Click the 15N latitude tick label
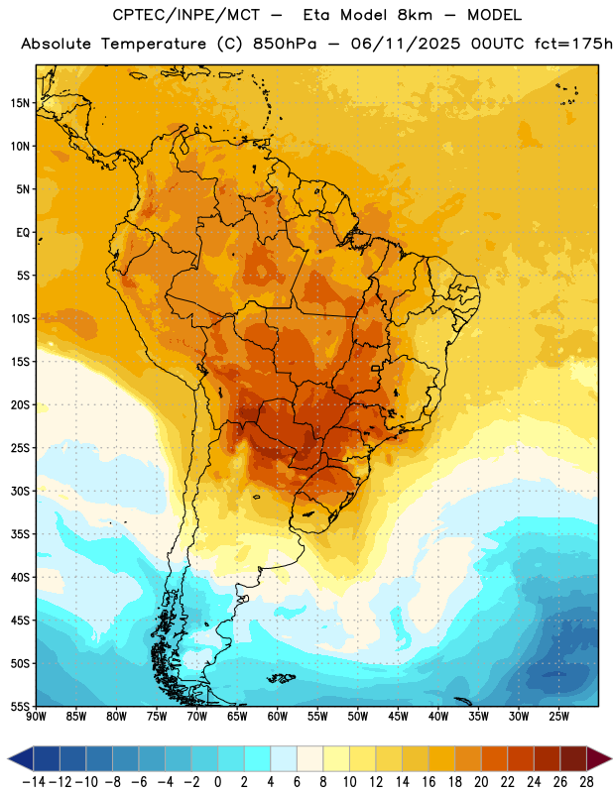(20, 103)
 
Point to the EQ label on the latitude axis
(23, 233)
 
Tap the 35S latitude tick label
(20, 534)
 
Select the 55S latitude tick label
(20, 707)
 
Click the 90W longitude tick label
(36, 717)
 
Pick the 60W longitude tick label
(278, 717)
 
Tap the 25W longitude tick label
(558, 717)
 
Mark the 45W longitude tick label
(398, 717)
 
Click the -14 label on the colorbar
(34, 782)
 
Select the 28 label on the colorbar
(586, 782)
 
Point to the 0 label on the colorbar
(218, 782)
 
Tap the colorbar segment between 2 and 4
(258, 758)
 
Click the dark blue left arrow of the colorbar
(21, 758)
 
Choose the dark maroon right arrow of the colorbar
(599, 758)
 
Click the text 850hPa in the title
(285, 44)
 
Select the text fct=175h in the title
(573, 44)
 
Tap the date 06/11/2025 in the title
(406, 44)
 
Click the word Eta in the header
(316, 15)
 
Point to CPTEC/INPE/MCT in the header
(186, 16)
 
